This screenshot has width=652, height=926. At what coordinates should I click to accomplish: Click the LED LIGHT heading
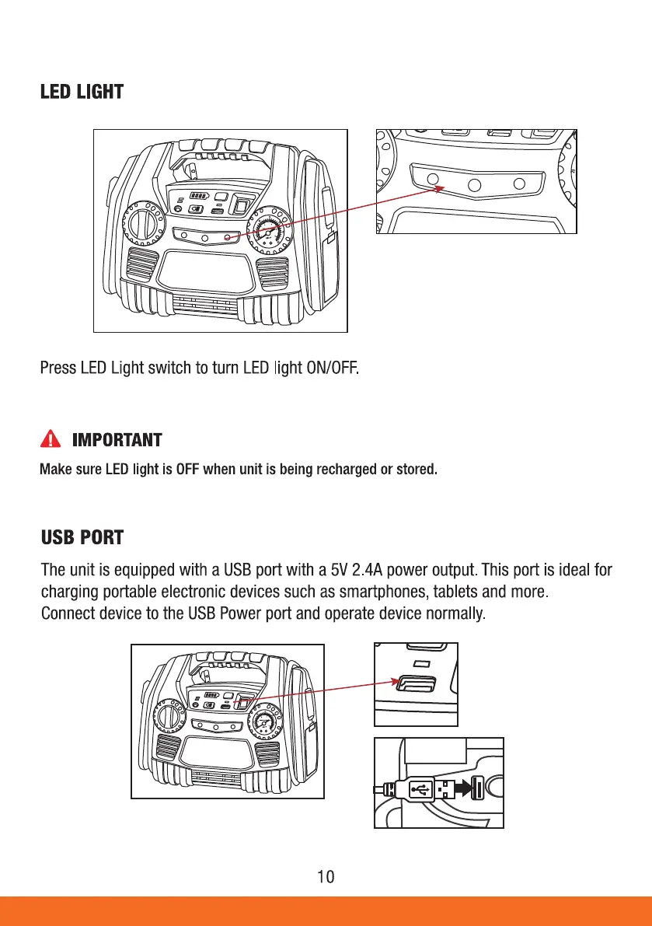point(82,92)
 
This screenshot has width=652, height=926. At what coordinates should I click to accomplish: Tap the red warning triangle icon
point(50,440)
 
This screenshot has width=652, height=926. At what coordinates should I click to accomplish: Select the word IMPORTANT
point(117,441)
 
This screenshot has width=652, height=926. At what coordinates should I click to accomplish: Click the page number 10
point(326,877)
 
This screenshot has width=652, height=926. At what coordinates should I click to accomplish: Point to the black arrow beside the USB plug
point(462,788)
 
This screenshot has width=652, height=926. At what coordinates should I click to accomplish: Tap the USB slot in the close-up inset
point(415,685)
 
